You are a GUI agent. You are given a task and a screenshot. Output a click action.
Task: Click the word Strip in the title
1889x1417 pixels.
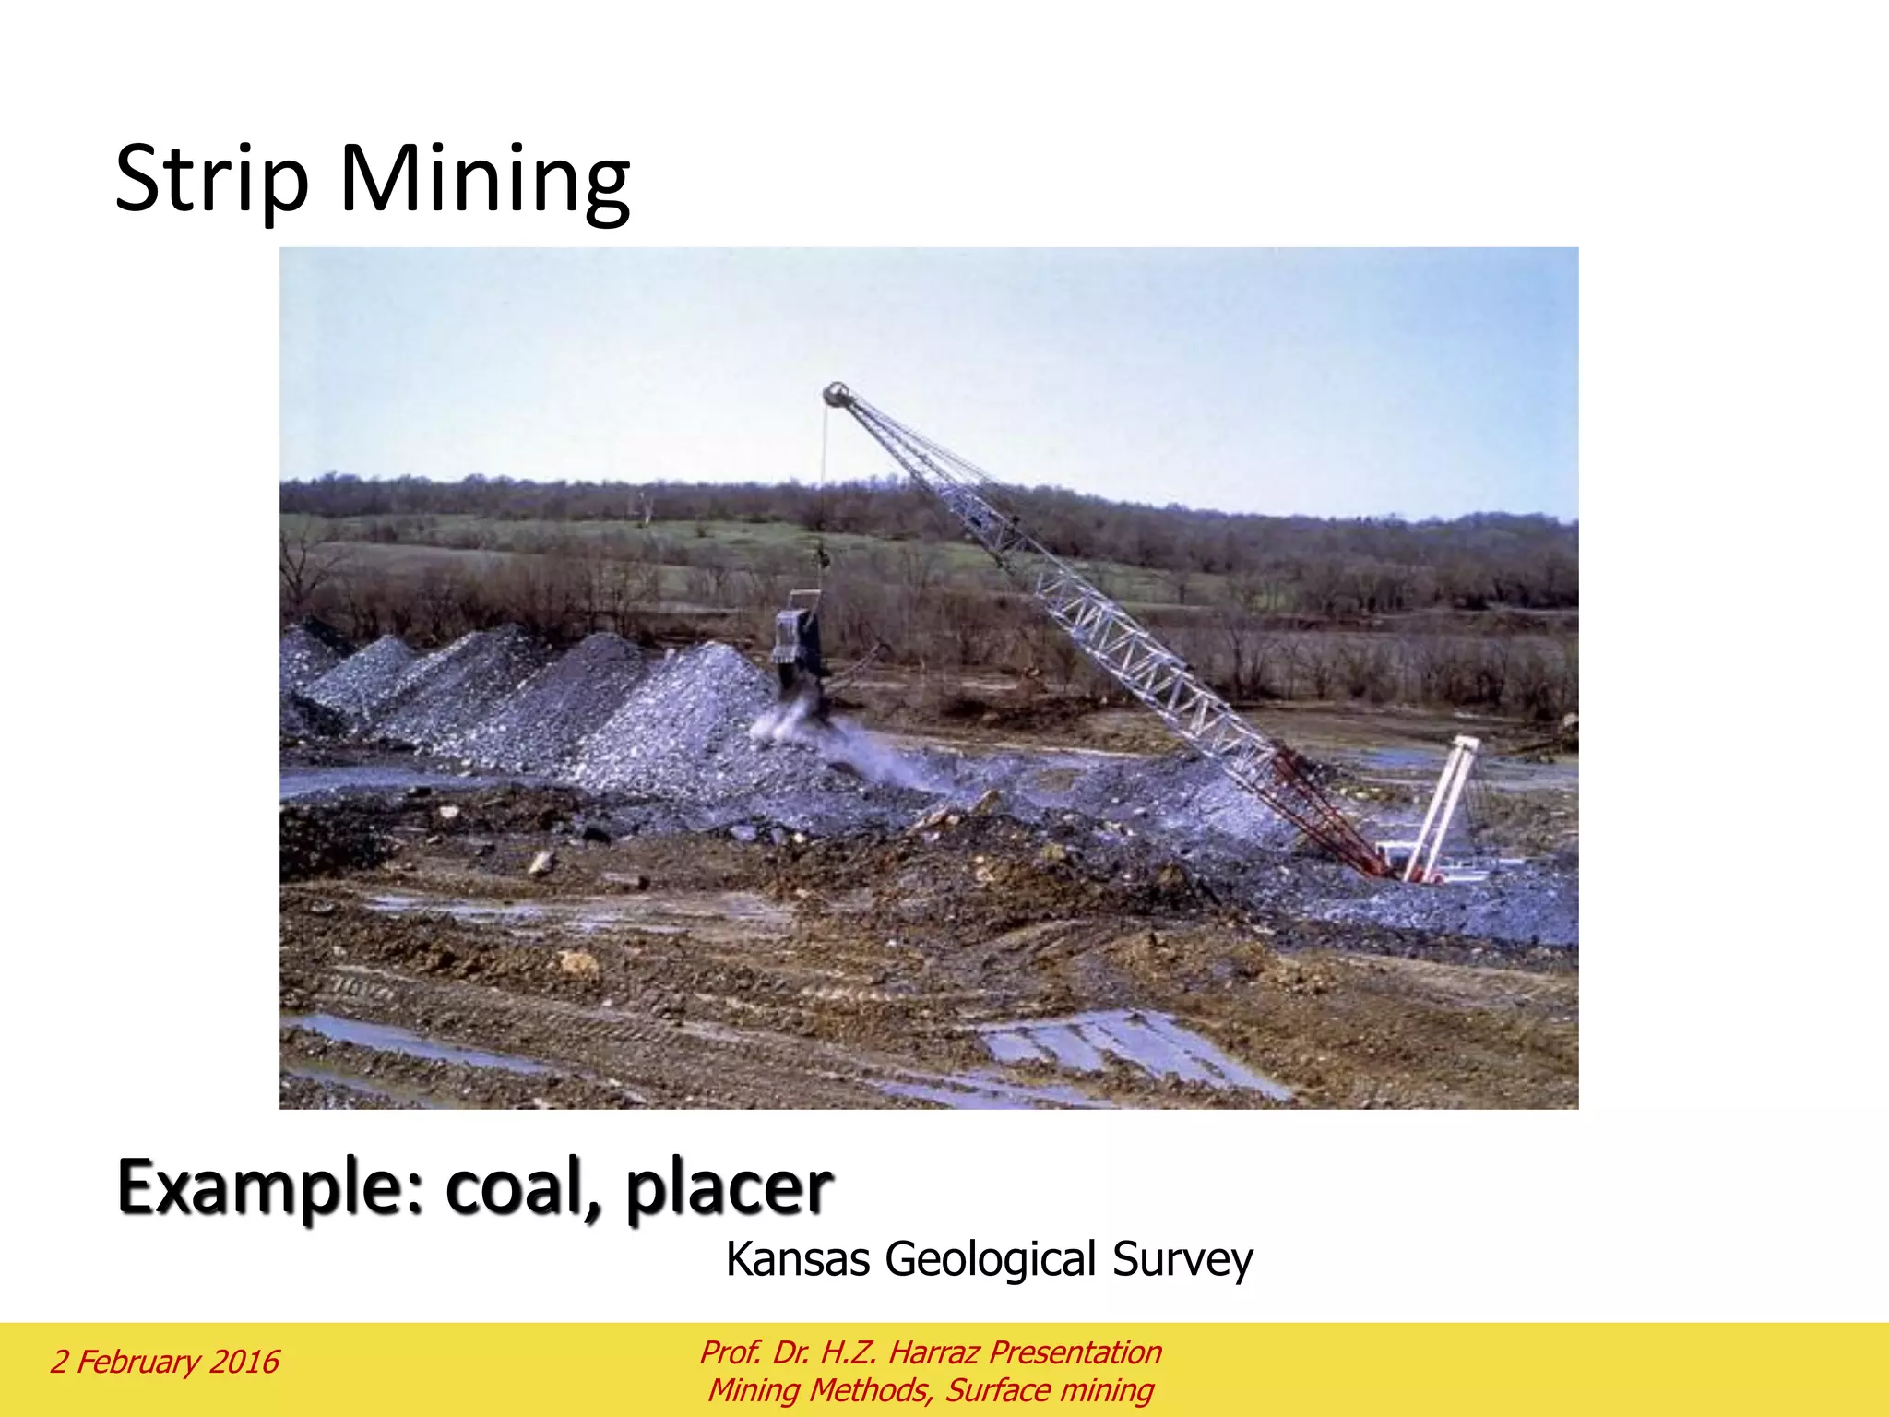coord(211,180)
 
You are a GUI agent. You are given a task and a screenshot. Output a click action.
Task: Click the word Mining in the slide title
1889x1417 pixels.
coord(485,180)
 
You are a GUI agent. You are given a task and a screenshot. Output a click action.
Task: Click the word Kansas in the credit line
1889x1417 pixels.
coord(797,1259)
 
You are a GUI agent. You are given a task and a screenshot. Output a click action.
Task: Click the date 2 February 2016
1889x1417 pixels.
coord(164,1362)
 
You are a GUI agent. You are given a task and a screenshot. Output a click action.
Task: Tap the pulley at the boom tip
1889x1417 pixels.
coord(837,395)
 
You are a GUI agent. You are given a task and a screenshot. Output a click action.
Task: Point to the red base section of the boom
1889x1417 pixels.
coord(1328,812)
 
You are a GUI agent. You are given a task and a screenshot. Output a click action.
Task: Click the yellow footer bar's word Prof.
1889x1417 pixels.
coord(731,1352)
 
